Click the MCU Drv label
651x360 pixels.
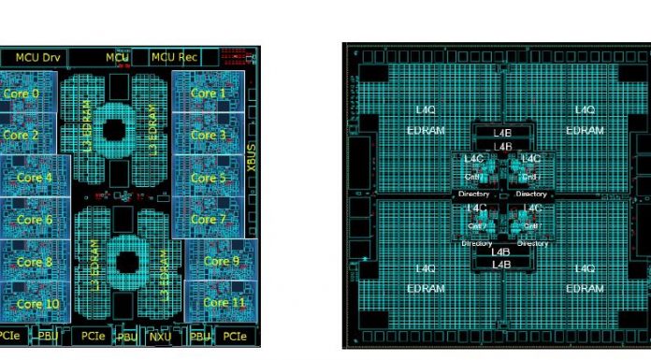pos(37,57)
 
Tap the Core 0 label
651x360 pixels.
pos(22,94)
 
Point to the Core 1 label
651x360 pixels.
pos(209,94)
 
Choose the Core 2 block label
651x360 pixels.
pos(21,135)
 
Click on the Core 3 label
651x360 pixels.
pos(209,135)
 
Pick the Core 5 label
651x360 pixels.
pos(209,177)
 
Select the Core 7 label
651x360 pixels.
pos(209,219)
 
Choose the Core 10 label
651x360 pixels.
pos(37,303)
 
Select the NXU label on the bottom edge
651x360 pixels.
pos(160,335)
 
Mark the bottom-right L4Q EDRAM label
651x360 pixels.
pos(584,278)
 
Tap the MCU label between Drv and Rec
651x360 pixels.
pos(117,57)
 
